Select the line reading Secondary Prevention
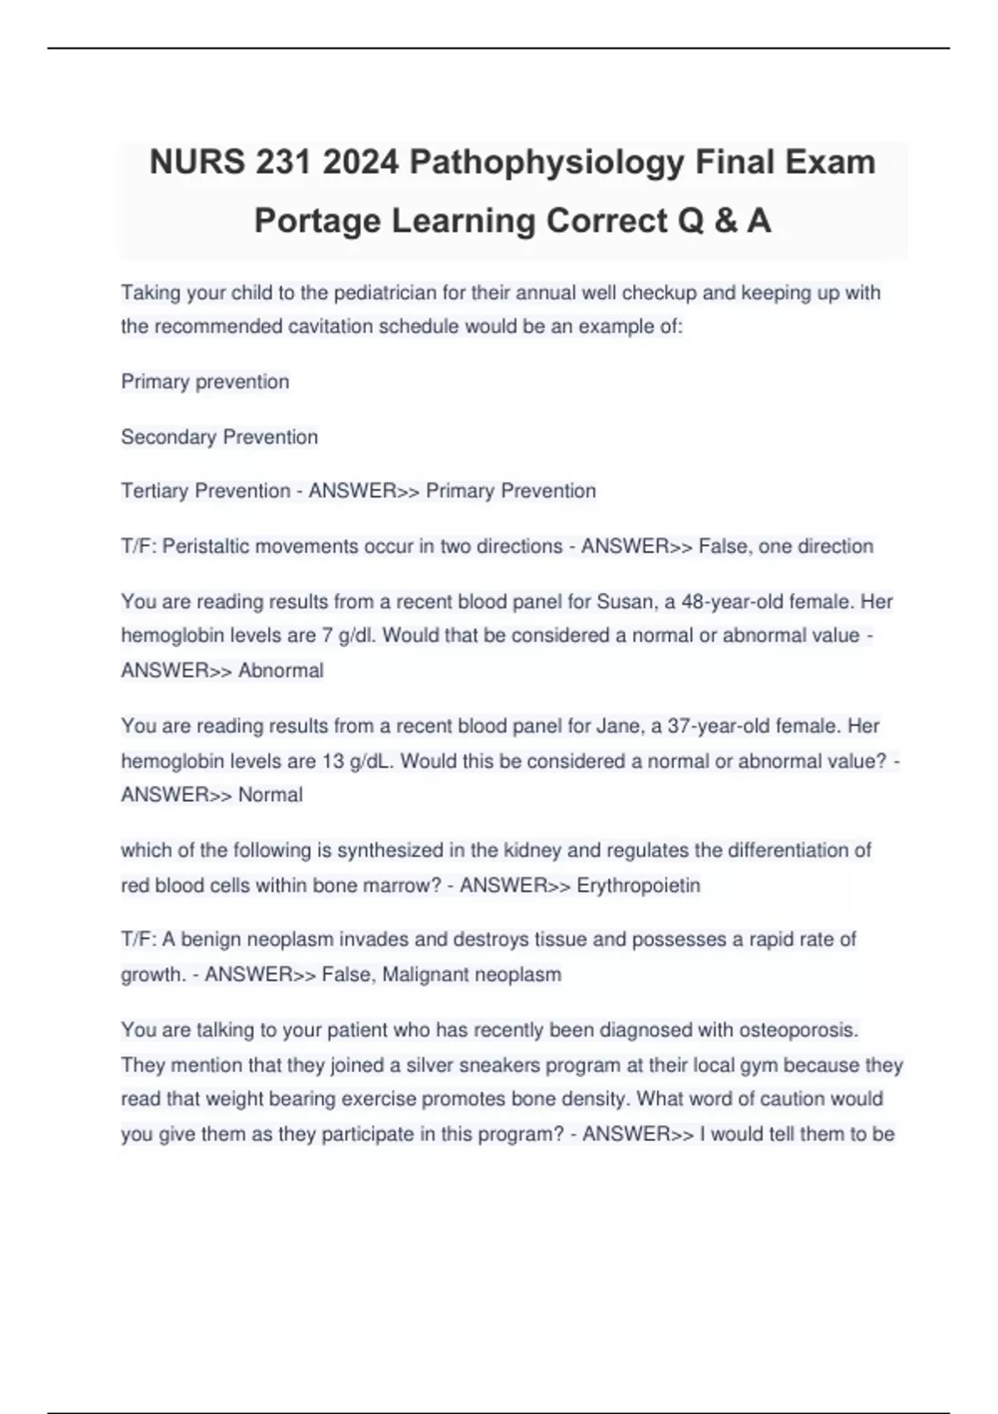tap(220, 438)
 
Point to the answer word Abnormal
tap(281, 670)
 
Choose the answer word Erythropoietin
tap(639, 886)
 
